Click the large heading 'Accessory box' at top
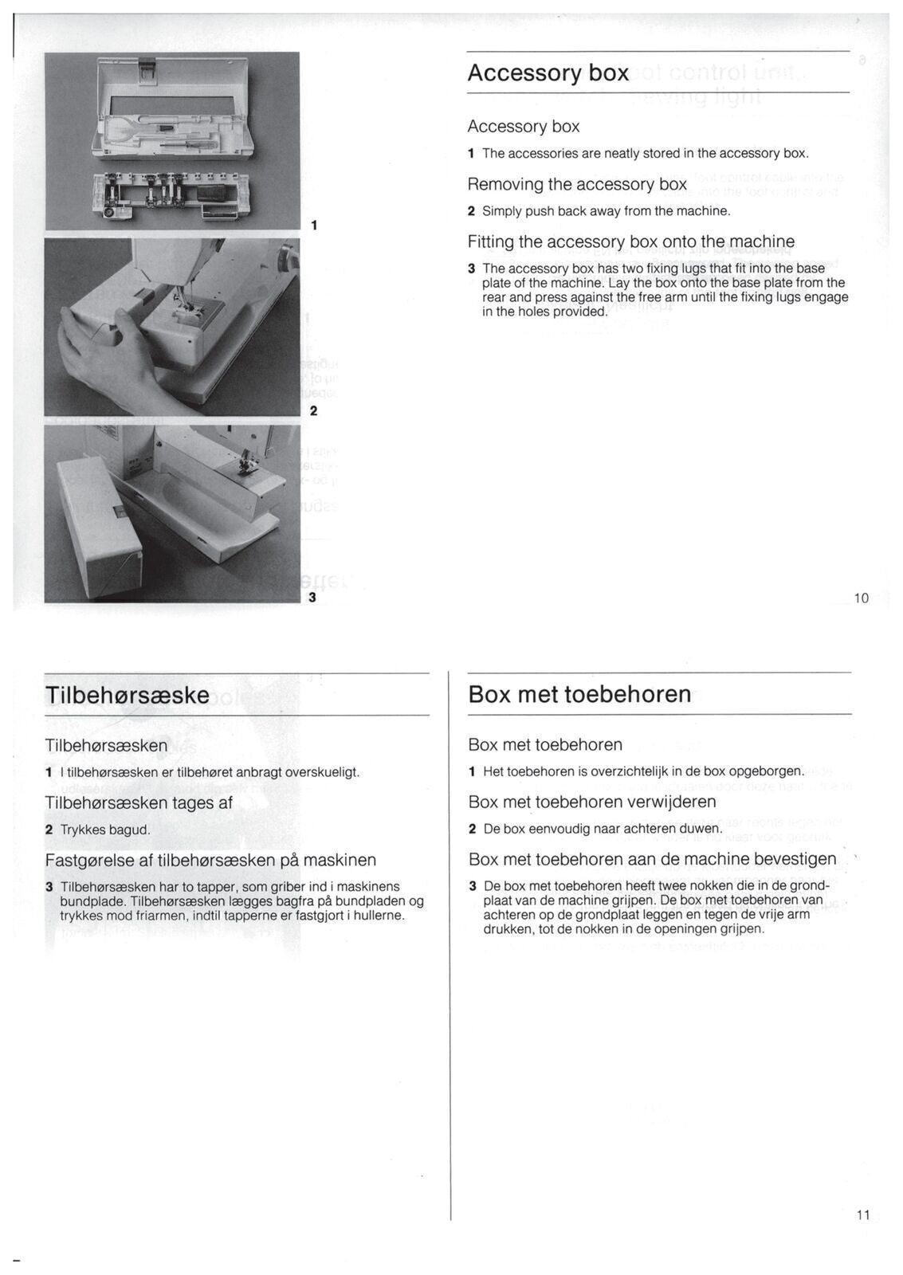click(548, 73)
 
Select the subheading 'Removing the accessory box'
click(576, 184)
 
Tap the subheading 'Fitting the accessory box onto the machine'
click(630, 241)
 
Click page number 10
click(861, 598)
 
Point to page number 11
click(863, 1215)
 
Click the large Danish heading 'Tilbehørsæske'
click(128, 695)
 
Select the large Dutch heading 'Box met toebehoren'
click(579, 694)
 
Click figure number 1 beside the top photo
click(314, 226)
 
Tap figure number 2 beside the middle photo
click(313, 411)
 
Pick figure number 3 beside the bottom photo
click(312, 597)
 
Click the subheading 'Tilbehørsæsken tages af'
click(139, 802)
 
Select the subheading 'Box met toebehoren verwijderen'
click(591, 802)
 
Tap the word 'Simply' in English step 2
click(501, 211)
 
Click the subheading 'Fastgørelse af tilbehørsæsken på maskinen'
click(210, 860)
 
